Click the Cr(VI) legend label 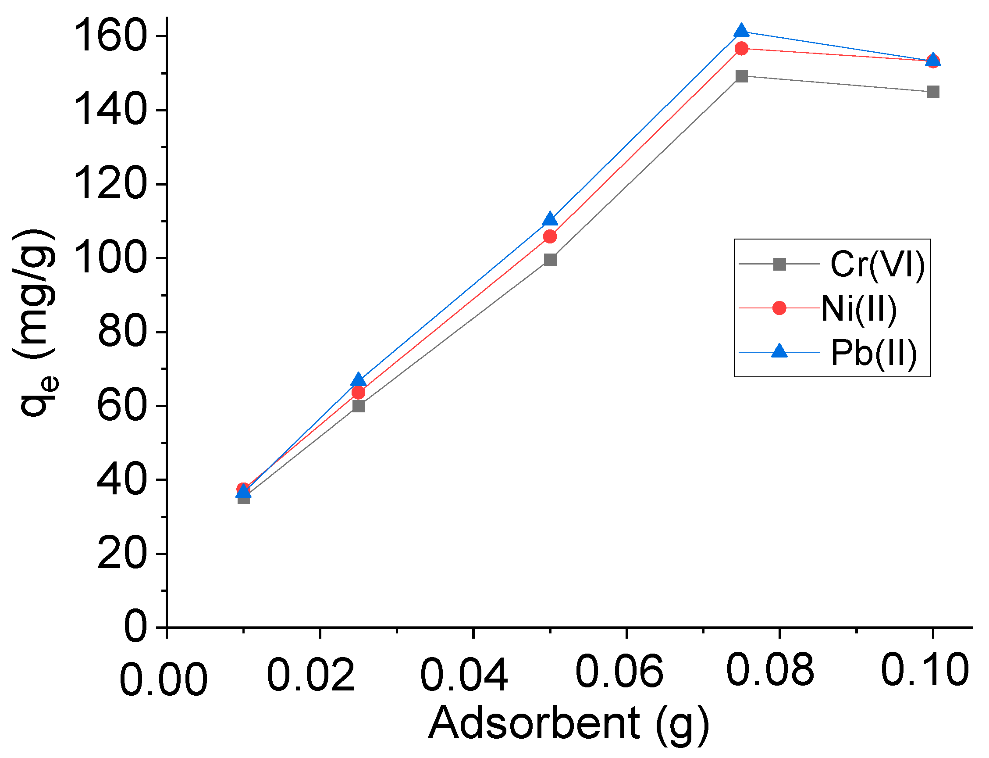(x=877, y=265)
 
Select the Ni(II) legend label (x=859, y=309)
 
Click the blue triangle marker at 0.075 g (x=741, y=31)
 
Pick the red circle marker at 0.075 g (x=741, y=48)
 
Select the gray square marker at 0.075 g (x=741, y=76)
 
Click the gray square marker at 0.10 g (x=933, y=92)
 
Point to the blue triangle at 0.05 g (x=550, y=219)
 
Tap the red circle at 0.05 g (x=550, y=236)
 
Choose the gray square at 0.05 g (x=550, y=260)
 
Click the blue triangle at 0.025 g (x=358, y=380)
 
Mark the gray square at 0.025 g (x=358, y=406)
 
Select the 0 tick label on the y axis (x=135, y=627)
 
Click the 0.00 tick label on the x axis (x=163, y=679)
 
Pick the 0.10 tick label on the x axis (x=925, y=670)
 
